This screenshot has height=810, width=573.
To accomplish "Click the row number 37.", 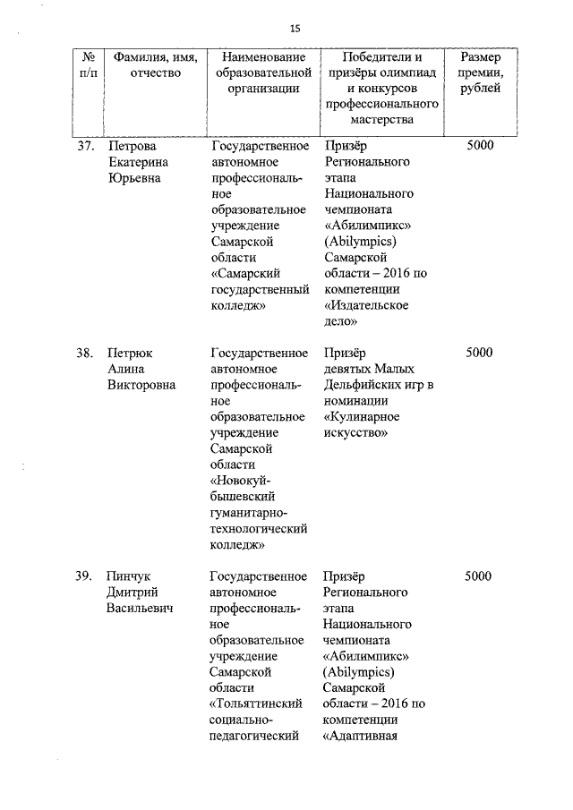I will (x=85, y=146).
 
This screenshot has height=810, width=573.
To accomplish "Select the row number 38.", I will (x=85, y=352).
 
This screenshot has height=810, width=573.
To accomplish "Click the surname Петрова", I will (x=132, y=146).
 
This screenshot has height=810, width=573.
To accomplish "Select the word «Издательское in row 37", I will (x=364, y=305).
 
